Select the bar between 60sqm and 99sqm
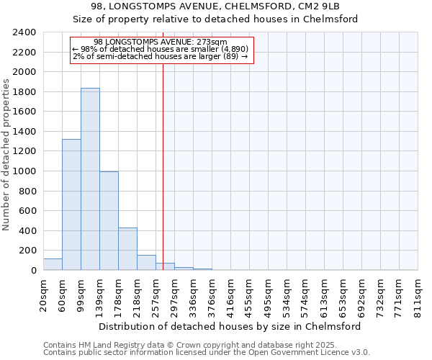click(71, 204)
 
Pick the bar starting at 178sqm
click(127, 249)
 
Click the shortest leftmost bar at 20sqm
click(53, 264)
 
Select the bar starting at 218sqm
click(146, 263)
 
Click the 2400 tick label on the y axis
click(24, 32)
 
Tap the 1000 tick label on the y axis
click(24, 171)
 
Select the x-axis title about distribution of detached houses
click(230, 326)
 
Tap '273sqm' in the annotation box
click(212, 42)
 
